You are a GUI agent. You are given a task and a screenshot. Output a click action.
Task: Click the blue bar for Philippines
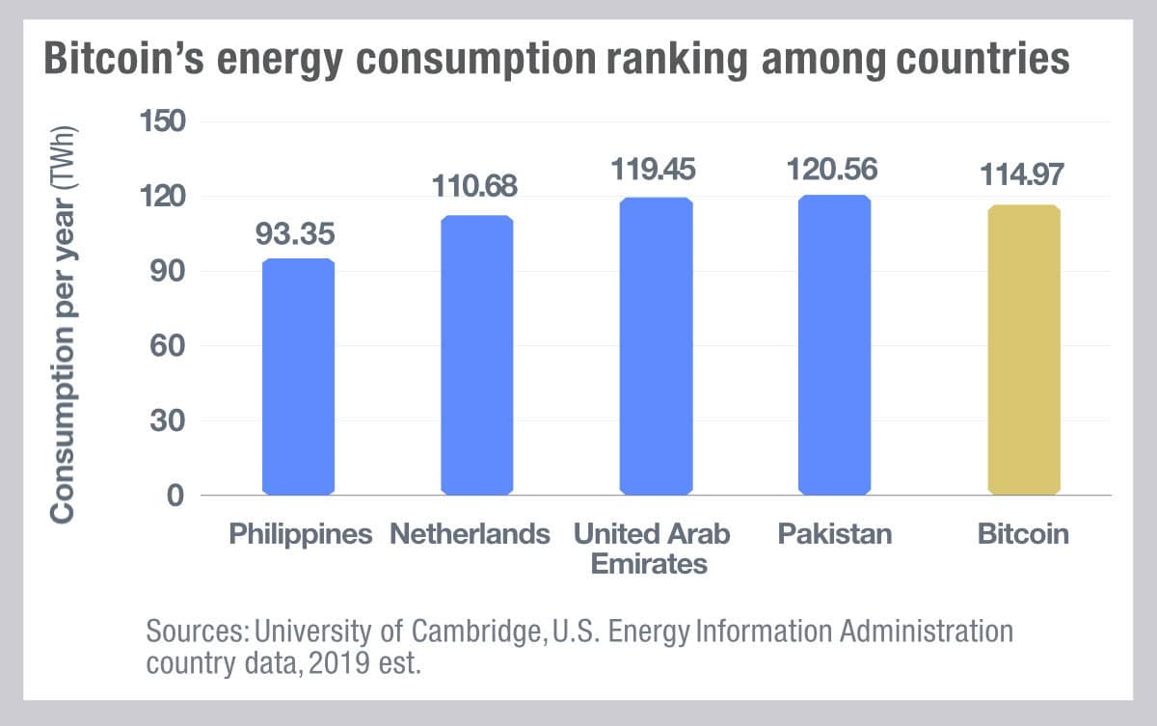298,377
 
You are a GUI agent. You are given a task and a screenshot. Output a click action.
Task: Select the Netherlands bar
476,356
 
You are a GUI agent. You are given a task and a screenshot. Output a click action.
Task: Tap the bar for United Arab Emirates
656,346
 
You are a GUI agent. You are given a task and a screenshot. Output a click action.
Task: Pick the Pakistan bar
835,345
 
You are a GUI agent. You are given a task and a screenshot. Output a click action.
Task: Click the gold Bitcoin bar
1023,350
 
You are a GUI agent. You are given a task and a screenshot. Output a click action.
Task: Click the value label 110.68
476,185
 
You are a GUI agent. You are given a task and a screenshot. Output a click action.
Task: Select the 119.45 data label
656,169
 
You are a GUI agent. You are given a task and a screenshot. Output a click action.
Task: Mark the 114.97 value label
1023,176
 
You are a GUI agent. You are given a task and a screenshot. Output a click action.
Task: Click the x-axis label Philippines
300,534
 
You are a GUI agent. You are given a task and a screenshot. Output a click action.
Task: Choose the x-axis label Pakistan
835,534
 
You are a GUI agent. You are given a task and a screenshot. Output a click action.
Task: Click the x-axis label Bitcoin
1023,534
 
